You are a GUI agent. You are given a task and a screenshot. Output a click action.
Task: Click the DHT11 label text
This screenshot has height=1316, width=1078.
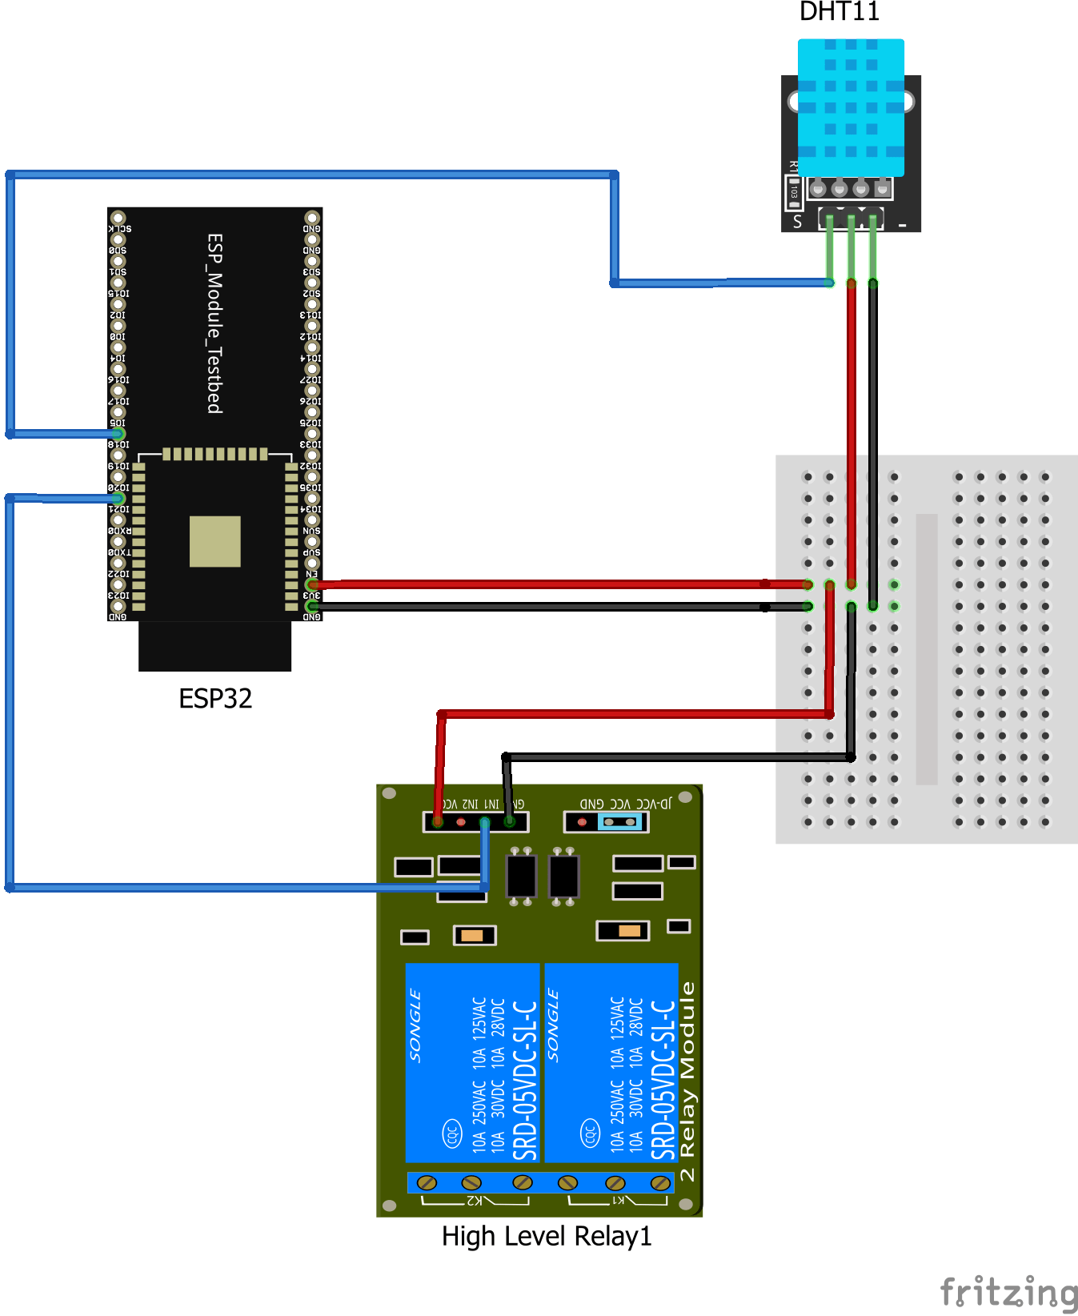pos(839,11)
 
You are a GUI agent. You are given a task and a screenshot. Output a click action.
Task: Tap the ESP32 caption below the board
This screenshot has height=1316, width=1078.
pos(215,698)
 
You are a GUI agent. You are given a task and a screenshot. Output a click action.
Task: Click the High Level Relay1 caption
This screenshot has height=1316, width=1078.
pos(547,1236)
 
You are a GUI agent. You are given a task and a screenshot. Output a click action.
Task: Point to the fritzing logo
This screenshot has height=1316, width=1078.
pos(1008,1292)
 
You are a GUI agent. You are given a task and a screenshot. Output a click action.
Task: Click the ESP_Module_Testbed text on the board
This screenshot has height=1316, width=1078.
pos(214,323)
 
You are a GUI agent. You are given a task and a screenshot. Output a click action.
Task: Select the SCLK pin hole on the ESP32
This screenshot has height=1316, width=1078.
pos(118,218)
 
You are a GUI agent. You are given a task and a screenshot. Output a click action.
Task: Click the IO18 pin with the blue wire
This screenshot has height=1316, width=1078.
pos(118,434)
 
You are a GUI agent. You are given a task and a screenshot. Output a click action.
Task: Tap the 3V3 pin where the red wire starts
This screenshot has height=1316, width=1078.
pos(312,585)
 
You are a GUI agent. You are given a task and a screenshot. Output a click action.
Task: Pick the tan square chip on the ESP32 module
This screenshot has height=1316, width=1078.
pos(214,541)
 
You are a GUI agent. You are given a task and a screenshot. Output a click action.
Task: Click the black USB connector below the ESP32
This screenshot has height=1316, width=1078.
pos(214,646)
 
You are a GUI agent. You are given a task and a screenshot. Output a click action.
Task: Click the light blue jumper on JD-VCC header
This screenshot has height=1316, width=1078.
pos(620,822)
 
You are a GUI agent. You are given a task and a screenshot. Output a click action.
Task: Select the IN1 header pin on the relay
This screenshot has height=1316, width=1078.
pos(485,822)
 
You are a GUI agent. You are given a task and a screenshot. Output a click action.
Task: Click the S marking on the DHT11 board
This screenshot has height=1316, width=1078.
pos(797,222)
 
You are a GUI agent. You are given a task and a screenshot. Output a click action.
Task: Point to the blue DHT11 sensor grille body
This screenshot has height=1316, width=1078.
pos(851,107)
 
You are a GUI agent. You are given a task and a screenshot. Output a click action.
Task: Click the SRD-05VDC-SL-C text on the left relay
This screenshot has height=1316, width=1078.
pos(525,1081)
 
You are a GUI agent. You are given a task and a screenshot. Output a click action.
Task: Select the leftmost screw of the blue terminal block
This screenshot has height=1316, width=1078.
pos(427,1182)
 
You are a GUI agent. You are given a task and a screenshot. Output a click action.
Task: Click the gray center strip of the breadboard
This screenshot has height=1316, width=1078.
pos(926,648)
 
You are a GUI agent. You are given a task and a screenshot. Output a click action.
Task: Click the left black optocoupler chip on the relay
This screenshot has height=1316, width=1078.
pos(521,877)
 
